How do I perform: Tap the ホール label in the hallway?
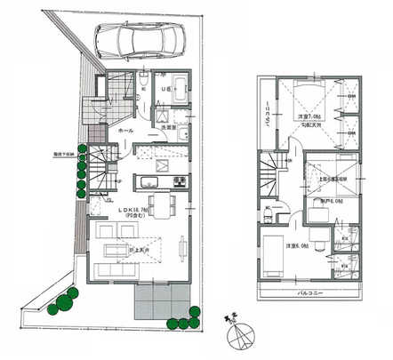coord(126,131)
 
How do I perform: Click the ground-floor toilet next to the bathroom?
coord(143,85)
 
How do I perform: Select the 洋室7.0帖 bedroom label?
coord(309,118)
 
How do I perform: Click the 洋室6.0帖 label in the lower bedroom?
coord(297,245)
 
